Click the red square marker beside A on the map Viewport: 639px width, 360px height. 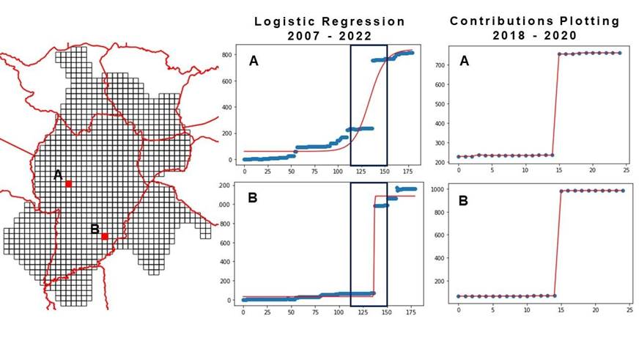coord(68,184)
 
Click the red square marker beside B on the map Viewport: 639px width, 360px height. coord(105,236)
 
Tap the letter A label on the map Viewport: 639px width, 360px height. coord(58,175)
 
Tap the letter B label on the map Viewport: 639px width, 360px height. coord(95,229)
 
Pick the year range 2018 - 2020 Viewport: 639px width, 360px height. coord(534,34)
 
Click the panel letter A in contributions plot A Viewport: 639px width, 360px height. coord(465,62)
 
